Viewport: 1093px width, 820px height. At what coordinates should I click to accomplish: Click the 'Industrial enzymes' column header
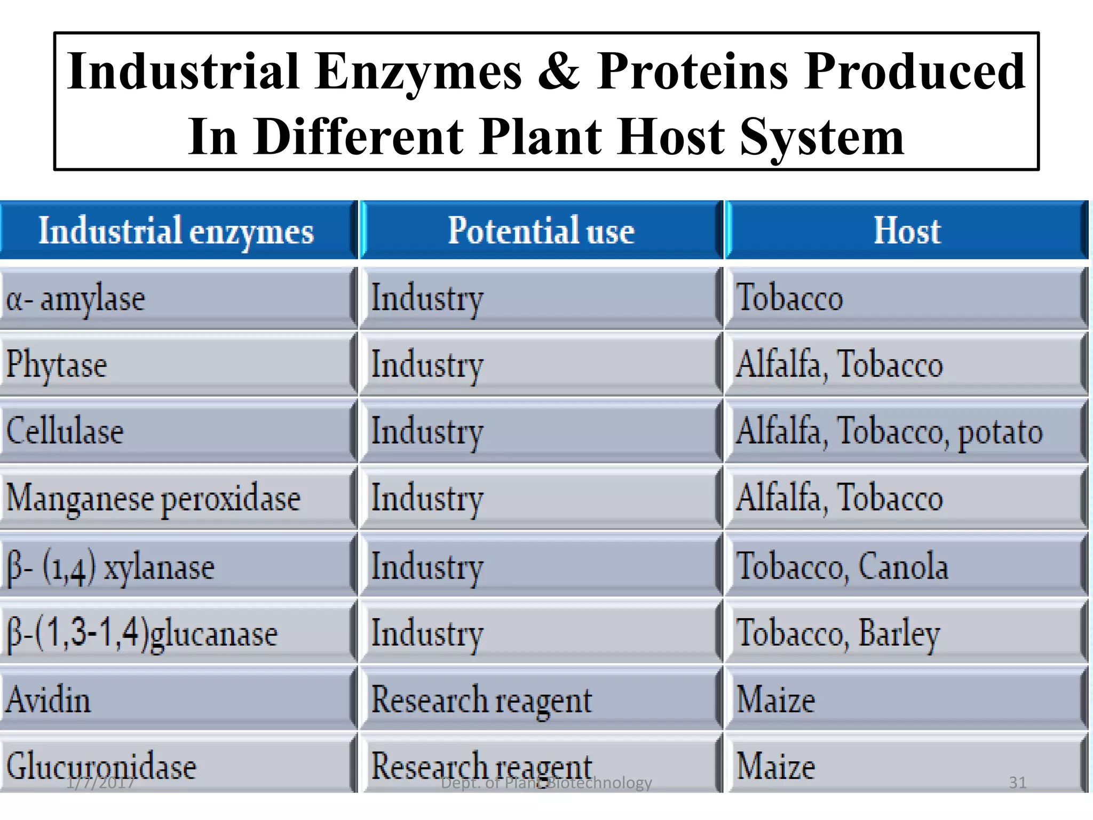[x=176, y=231]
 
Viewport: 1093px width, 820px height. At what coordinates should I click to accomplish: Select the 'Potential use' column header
[x=541, y=231]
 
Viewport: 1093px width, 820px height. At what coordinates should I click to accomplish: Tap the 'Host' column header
[x=906, y=231]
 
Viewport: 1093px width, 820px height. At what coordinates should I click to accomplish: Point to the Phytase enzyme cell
[x=57, y=365]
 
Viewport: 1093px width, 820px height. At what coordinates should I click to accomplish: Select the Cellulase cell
[x=65, y=431]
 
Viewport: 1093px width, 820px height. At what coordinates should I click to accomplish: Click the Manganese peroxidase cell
[x=154, y=498]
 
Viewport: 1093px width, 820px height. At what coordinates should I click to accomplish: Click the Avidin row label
[x=48, y=700]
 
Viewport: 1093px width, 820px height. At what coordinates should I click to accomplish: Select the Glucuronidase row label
[x=101, y=766]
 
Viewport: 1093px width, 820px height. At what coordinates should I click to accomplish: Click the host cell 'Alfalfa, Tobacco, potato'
[x=889, y=431]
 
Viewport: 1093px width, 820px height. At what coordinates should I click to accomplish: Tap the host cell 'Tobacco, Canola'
[x=842, y=566]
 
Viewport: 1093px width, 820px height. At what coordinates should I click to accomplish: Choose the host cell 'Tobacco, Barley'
[x=838, y=633]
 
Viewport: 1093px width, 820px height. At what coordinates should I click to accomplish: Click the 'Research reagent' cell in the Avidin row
[x=481, y=700]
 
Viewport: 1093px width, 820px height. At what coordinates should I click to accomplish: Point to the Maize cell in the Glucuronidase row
[x=775, y=766]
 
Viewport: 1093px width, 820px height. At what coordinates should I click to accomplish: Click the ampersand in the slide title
[x=558, y=72]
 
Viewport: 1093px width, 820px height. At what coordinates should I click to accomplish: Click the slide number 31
[x=1017, y=783]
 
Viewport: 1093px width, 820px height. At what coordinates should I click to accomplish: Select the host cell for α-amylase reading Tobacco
[x=789, y=298]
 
